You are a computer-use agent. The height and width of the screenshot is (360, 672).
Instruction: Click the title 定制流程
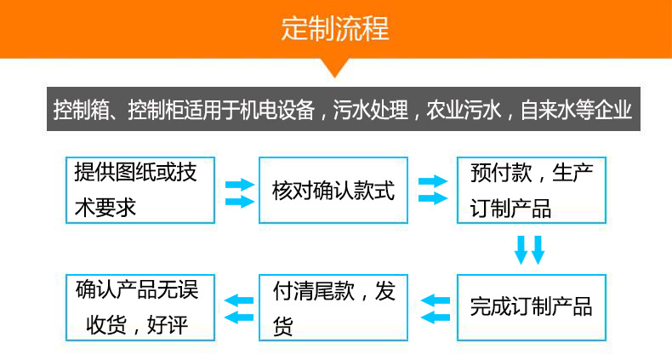coord(335,29)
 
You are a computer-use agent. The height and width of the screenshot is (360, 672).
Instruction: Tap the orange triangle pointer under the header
coord(335,66)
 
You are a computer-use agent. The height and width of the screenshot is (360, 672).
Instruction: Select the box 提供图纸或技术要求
coord(140,190)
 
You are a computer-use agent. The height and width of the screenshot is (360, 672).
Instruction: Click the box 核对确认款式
coord(333,190)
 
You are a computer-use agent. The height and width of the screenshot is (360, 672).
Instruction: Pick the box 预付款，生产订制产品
coord(532,190)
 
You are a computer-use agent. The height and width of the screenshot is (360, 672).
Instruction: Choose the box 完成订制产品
coord(532,307)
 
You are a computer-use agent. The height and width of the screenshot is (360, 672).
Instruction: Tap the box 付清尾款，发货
coord(333,307)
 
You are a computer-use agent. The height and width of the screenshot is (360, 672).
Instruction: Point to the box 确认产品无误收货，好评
coord(140,307)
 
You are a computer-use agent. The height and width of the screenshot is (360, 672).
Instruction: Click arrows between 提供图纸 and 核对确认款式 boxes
coord(239,192)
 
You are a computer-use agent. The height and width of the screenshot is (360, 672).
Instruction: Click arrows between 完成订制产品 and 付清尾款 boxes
coord(436,308)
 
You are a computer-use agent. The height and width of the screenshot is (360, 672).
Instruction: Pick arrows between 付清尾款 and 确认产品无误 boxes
coord(238,307)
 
